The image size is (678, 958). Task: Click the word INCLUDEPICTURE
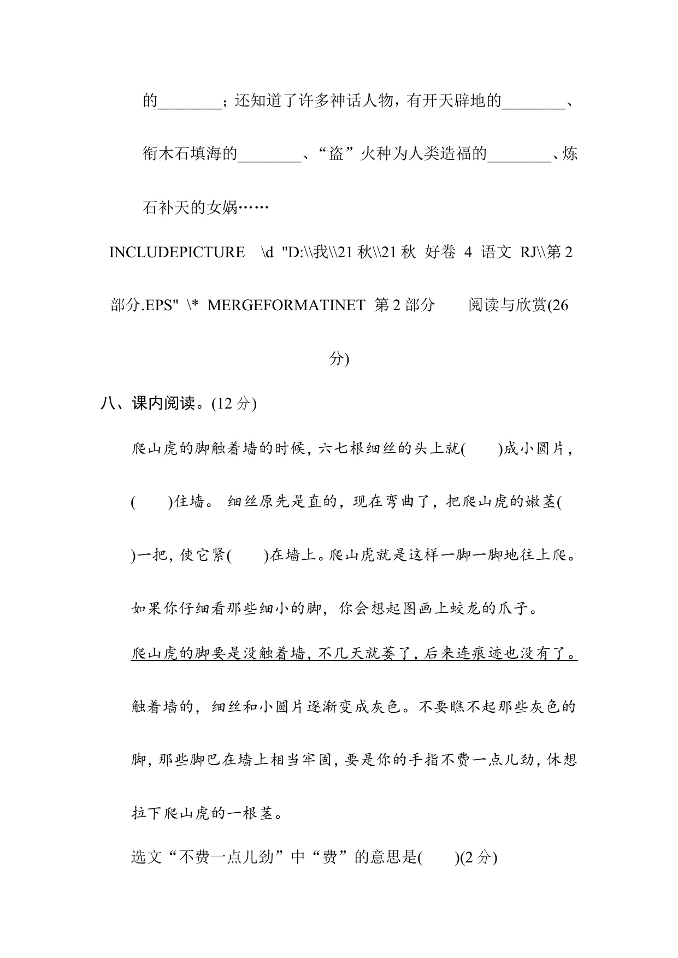(x=177, y=252)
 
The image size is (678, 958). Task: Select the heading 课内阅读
(x=163, y=404)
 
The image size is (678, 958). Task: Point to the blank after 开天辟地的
(x=533, y=102)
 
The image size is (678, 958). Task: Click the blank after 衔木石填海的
(x=269, y=155)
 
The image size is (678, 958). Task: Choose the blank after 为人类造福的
(x=519, y=155)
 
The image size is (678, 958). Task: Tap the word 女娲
(x=222, y=208)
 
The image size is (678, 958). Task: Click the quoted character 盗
(x=335, y=155)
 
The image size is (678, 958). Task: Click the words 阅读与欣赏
(x=507, y=305)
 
